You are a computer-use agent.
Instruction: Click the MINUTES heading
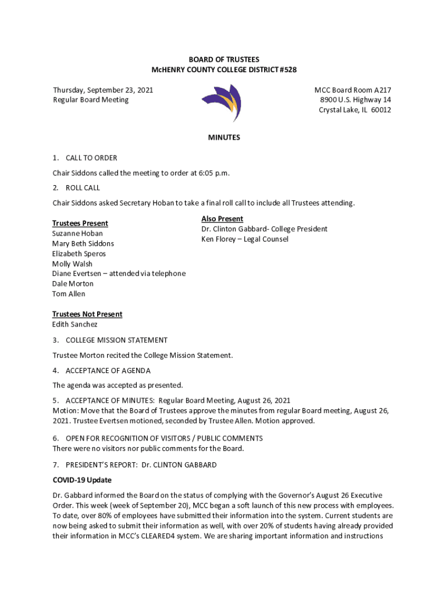(x=224, y=138)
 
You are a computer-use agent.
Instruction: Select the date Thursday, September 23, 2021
(x=103, y=90)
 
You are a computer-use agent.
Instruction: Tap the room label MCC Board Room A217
(x=353, y=90)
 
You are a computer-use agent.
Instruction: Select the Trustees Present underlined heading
(x=80, y=223)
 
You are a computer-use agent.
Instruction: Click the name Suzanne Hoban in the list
(x=77, y=233)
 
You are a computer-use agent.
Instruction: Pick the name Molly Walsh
(x=72, y=264)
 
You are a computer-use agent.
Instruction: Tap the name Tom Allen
(x=69, y=294)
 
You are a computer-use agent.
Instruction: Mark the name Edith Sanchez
(x=75, y=324)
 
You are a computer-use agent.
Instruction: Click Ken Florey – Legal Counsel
(x=244, y=239)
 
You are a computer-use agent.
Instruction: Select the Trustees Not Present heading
(x=87, y=314)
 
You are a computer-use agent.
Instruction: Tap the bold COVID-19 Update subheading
(x=82, y=480)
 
